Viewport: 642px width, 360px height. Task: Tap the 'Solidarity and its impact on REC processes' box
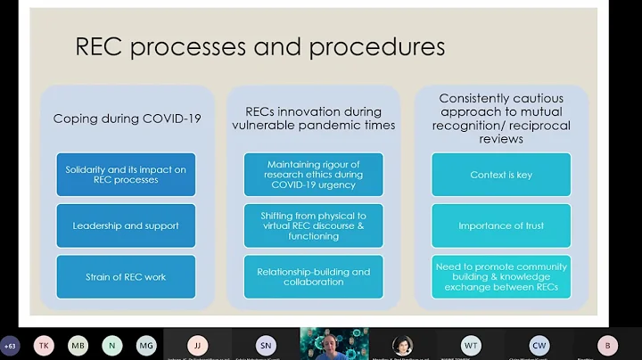coord(125,175)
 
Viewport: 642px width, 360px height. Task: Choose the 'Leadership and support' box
coord(125,225)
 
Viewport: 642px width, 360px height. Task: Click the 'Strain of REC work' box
coord(125,276)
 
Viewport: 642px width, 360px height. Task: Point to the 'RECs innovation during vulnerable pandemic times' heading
coord(313,119)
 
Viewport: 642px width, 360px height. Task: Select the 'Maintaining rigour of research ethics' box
coord(313,175)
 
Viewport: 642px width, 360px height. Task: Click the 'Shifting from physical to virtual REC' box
coord(313,225)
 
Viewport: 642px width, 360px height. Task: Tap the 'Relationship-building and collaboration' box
coord(313,276)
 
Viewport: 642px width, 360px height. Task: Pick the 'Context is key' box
coord(500,175)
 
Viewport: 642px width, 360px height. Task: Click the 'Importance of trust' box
coord(500,225)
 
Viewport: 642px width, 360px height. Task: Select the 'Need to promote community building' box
coord(500,276)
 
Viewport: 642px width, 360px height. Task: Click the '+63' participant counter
coord(11,345)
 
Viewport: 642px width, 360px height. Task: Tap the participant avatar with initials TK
coord(44,345)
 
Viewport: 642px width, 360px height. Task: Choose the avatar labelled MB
coord(78,345)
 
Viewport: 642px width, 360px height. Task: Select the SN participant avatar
coord(265,345)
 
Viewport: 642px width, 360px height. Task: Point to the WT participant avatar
coord(471,345)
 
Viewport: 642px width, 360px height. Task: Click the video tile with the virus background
coord(333,344)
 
